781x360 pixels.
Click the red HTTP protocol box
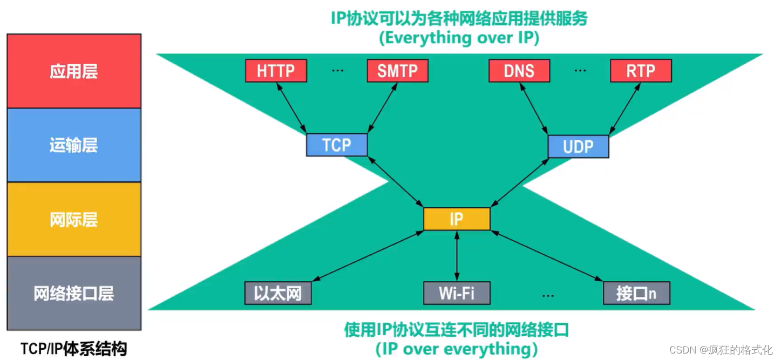click(276, 71)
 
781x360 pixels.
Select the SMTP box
click(397, 71)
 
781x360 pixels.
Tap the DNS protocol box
click(519, 71)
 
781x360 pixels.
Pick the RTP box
click(641, 71)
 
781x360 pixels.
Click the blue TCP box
click(336, 145)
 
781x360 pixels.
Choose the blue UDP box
click(578, 146)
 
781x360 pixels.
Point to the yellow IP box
click(457, 219)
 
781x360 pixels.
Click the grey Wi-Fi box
click(457, 293)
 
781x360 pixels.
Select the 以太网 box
click(277, 293)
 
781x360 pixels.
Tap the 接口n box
click(636, 293)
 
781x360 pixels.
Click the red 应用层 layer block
click(74, 71)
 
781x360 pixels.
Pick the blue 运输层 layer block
click(74, 145)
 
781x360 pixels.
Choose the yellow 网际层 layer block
click(74, 219)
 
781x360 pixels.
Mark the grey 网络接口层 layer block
click(74, 293)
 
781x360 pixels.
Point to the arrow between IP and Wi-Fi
click(457, 256)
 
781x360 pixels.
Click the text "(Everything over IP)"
click(459, 38)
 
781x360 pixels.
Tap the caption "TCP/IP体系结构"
click(73, 349)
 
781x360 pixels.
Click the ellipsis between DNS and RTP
click(580, 71)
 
